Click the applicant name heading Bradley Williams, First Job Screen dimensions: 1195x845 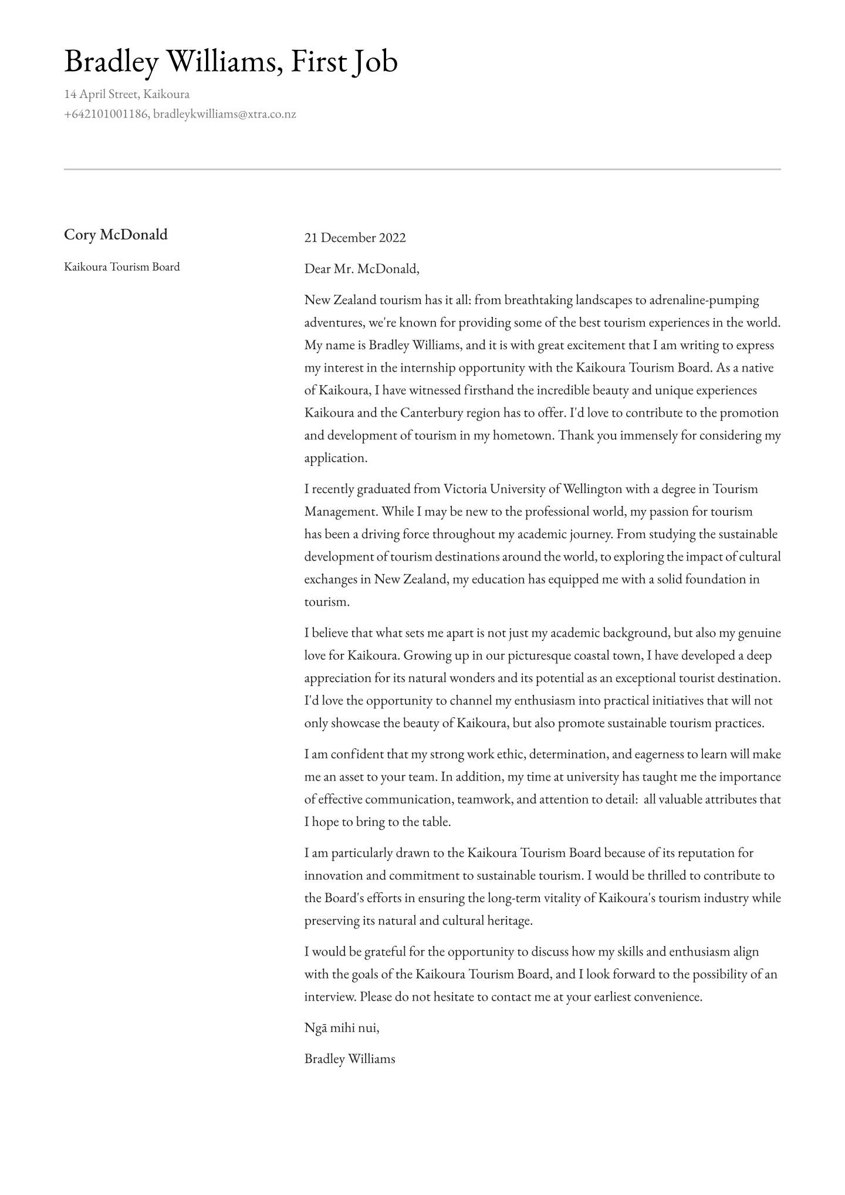click(231, 62)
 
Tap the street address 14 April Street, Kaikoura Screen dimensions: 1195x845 click(127, 94)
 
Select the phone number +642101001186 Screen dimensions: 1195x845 click(106, 114)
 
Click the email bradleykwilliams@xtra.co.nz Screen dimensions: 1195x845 click(225, 114)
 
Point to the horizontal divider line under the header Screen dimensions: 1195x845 click(422, 169)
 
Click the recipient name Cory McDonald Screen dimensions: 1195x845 click(116, 235)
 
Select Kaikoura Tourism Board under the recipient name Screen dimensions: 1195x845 click(122, 267)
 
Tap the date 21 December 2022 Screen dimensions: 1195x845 click(355, 238)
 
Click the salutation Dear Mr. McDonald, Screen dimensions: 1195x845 click(362, 269)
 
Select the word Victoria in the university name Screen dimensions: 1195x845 click(464, 489)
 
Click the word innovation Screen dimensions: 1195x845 click(333, 876)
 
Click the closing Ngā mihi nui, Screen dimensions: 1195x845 click(342, 1028)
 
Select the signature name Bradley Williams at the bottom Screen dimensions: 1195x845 click(350, 1059)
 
